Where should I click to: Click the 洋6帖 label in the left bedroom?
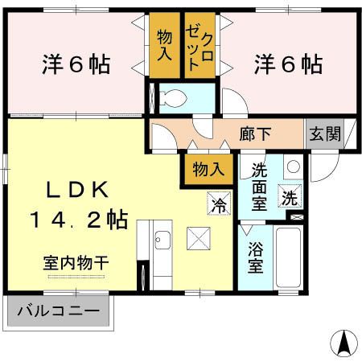(x=76, y=64)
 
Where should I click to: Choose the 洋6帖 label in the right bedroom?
(x=290, y=64)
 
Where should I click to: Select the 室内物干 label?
(x=76, y=262)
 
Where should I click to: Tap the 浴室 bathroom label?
(x=254, y=257)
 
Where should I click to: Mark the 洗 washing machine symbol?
(x=289, y=195)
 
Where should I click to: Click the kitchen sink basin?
(x=161, y=241)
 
